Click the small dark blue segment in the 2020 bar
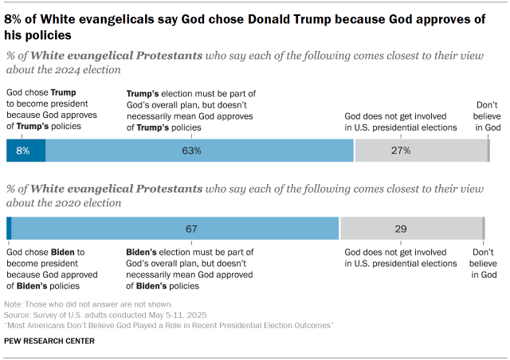coord(9,228)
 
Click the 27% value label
coord(400,150)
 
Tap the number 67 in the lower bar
coord(191,229)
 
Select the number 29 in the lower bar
coord(400,229)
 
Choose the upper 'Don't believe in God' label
coord(487,116)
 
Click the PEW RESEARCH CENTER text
coord(49,341)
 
